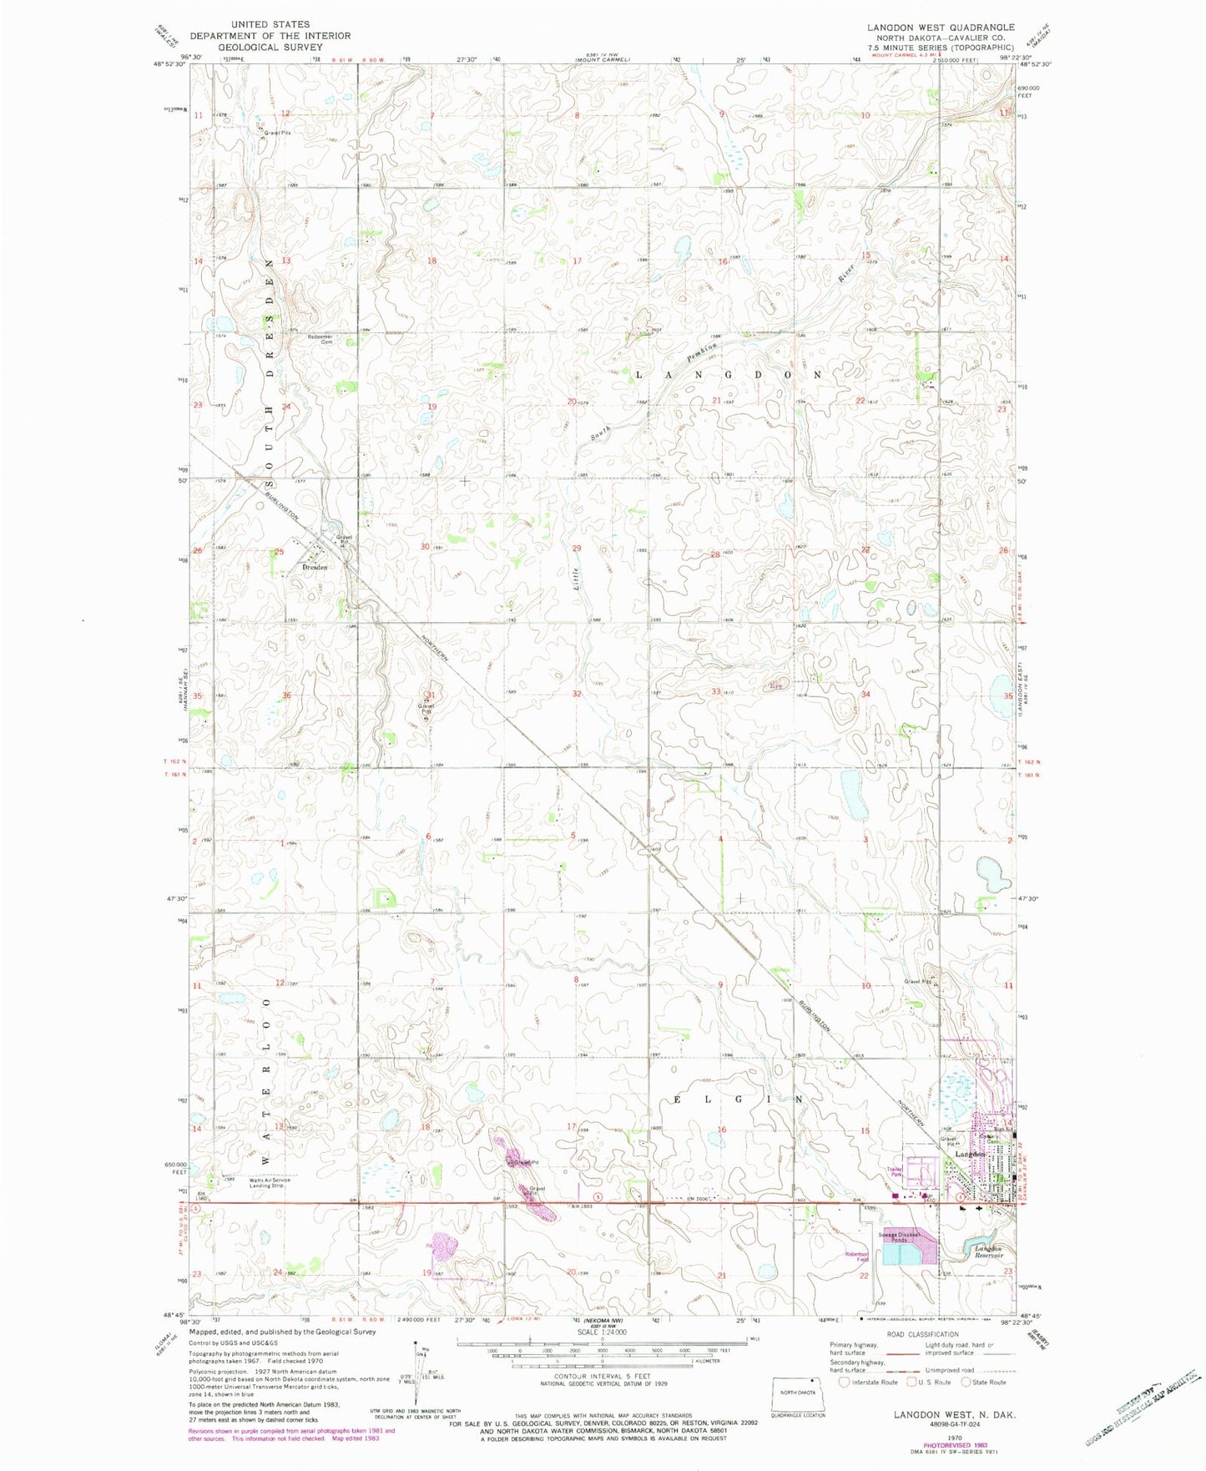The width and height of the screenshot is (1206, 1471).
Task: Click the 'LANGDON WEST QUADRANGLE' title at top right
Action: click(x=941, y=28)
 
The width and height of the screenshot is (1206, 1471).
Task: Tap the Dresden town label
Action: click(x=314, y=567)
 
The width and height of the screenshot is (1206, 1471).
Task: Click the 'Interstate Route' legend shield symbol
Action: click(x=844, y=1383)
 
